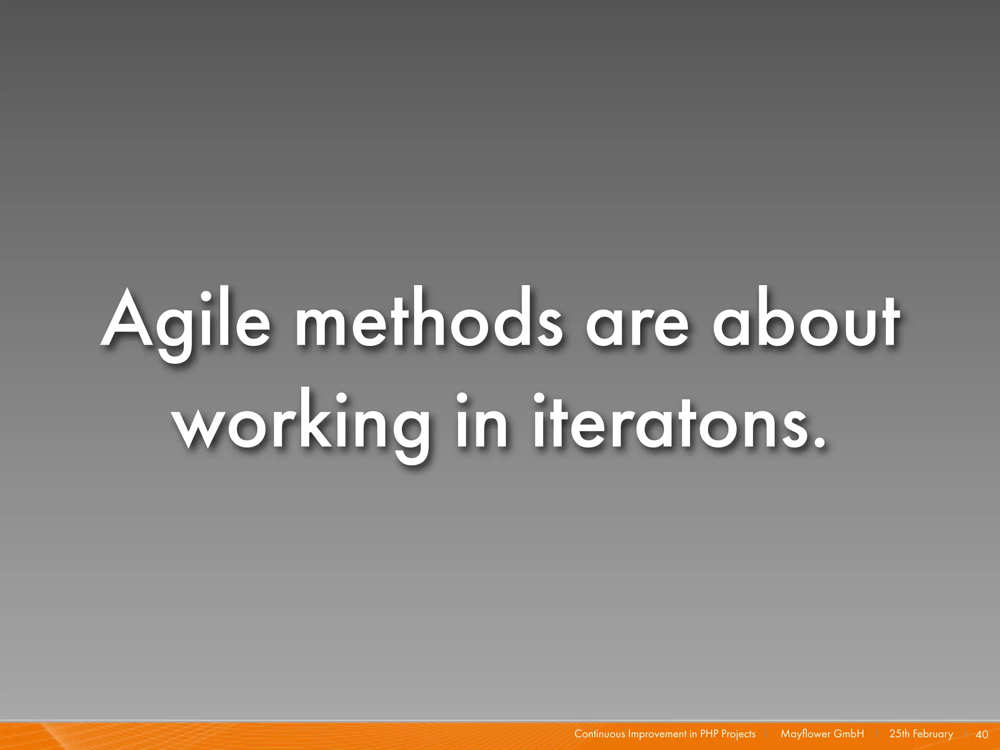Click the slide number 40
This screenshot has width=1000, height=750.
[981, 734]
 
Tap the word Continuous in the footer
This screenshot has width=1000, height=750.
[600, 734]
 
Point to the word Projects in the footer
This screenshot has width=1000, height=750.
[738, 734]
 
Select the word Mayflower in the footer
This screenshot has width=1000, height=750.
[805, 734]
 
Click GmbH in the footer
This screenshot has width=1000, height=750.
[849, 734]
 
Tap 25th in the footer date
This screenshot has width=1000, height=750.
[899, 734]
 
